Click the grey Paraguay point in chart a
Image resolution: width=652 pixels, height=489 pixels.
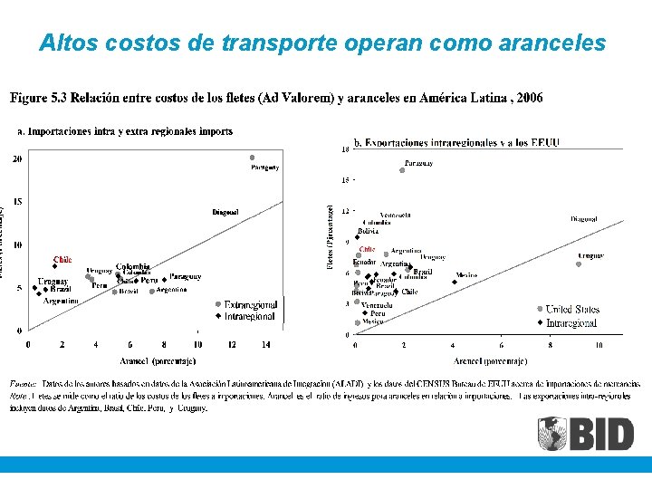(253, 158)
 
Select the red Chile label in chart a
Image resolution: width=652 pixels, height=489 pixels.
(62, 260)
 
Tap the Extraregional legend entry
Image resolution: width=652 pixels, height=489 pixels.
(249, 304)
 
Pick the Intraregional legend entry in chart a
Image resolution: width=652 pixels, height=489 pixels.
(249, 317)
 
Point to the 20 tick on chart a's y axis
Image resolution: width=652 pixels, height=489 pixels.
(18, 159)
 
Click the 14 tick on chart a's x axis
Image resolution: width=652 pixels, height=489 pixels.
(266, 345)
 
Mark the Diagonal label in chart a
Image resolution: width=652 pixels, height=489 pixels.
(225, 212)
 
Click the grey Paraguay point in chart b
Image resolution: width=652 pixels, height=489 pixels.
(402, 170)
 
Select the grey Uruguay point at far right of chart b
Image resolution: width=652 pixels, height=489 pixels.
(579, 264)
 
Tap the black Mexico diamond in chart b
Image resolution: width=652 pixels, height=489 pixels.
(455, 282)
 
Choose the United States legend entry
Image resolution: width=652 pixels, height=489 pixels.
(572, 310)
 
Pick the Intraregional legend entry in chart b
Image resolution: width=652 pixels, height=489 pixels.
(570, 322)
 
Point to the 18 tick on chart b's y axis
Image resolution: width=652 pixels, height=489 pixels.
(345, 149)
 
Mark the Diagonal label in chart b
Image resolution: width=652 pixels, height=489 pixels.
(584, 219)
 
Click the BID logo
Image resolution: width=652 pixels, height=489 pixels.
(586, 433)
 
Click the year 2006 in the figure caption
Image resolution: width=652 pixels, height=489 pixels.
(527, 98)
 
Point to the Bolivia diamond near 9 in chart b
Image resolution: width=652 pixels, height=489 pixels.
(357, 238)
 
